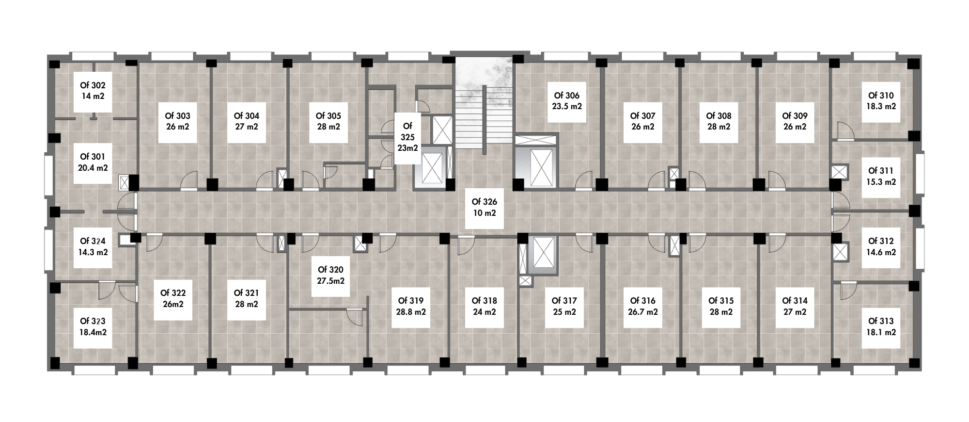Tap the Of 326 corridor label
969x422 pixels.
pos(484,208)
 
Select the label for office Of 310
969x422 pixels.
pos(881,101)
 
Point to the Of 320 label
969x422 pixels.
pos(330,275)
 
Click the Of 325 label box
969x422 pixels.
pos(407,138)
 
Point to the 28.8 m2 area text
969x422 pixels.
pos(411,312)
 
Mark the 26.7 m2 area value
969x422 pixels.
pos(643,312)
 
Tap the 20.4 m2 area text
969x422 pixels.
pos(93,168)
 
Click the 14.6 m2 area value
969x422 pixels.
pos(881,252)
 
